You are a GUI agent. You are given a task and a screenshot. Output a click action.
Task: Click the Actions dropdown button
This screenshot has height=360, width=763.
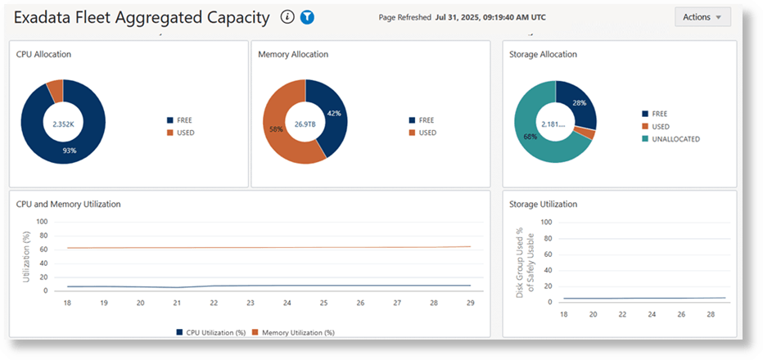[x=702, y=17]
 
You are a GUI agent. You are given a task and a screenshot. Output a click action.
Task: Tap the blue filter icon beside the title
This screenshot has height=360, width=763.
[x=308, y=16]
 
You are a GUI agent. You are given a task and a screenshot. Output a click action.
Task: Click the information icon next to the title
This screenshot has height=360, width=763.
[x=287, y=16]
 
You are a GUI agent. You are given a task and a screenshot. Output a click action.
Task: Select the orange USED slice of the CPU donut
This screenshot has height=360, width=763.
[x=55, y=86]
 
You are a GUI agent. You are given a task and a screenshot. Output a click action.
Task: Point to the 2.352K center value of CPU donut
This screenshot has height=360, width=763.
[x=62, y=124]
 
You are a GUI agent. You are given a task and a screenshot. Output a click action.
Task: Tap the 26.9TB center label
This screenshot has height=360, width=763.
[x=305, y=124]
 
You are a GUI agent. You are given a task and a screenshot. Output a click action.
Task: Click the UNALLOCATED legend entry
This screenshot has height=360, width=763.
[x=675, y=139]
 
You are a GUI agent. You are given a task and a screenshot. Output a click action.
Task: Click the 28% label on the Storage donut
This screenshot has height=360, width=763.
[x=580, y=103]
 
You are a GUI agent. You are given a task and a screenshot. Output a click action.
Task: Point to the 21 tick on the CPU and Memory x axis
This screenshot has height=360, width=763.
[x=178, y=303]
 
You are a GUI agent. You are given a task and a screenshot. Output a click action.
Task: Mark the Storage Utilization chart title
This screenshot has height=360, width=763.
[x=543, y=204]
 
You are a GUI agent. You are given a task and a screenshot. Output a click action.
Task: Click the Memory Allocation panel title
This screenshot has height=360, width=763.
[x=293, y=54]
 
